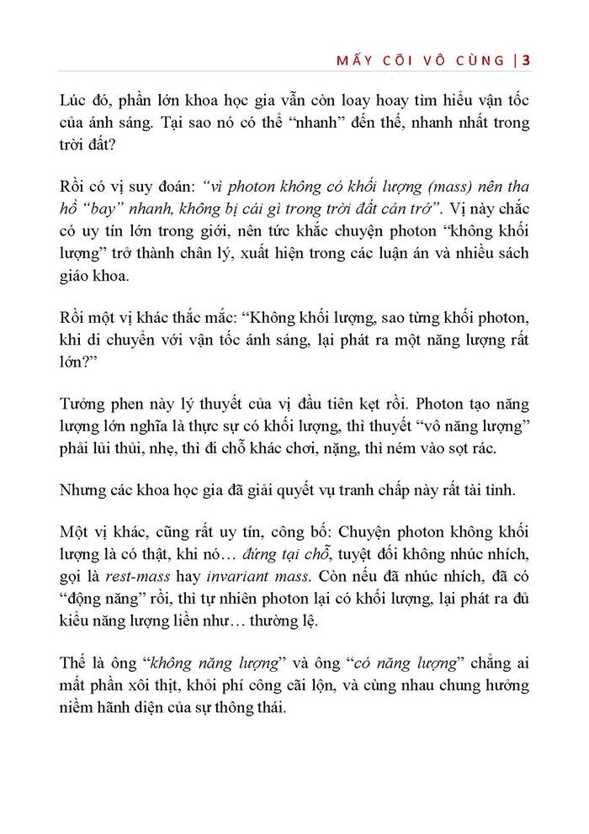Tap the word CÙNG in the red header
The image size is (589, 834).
[x=486, y=60]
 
